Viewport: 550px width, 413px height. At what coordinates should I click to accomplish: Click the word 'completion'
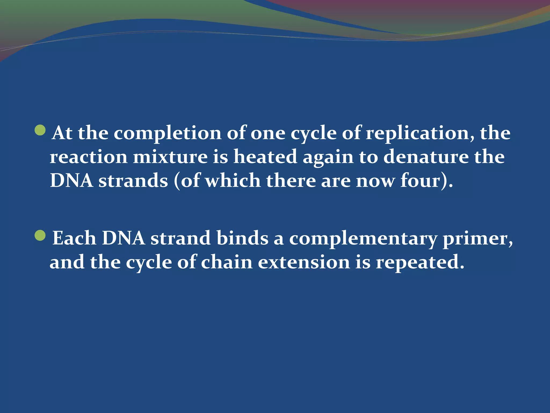coord(168,133)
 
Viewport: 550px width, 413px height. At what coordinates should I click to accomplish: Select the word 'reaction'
coord(88,157)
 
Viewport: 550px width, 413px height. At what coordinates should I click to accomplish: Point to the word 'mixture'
coord(170,157)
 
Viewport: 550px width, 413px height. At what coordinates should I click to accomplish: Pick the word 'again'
coord(328,158)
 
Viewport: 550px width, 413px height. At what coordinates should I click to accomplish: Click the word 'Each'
coord(74,238)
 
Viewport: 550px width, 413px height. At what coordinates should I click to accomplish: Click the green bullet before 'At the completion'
coord(40,130)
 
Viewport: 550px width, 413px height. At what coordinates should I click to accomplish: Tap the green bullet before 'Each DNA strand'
coord(40,236)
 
